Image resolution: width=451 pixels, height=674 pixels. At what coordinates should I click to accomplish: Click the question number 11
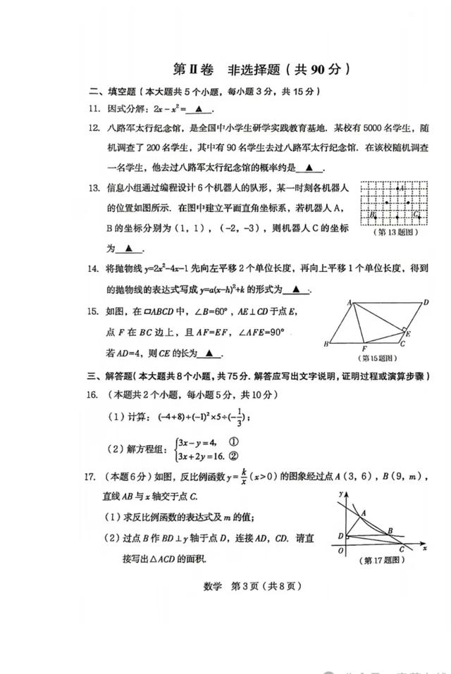click(x=92, y=109)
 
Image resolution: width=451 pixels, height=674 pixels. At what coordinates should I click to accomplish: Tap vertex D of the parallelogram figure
click(x=426, y=302)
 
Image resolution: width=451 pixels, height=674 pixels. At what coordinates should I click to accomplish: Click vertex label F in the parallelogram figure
click(x=364, y=349)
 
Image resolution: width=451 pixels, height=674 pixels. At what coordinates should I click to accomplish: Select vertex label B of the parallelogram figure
click(x=326, y=344)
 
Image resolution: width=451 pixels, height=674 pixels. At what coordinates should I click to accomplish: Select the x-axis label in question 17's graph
click(x=425, y=548)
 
